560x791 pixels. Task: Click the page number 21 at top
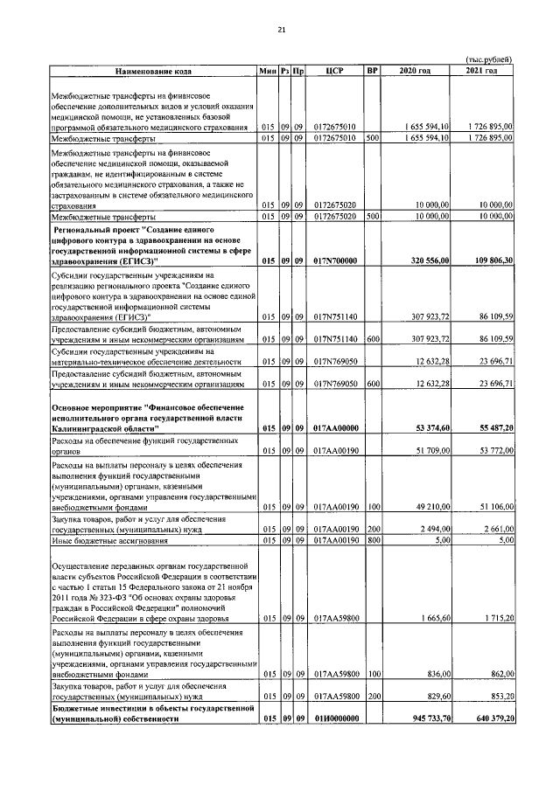click(x=281, y=31)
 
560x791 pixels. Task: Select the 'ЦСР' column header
click(x=332, y=71)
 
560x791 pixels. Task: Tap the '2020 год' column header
click(x=414, y=71)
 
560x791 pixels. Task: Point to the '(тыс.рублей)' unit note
click(x=487, y=59)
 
